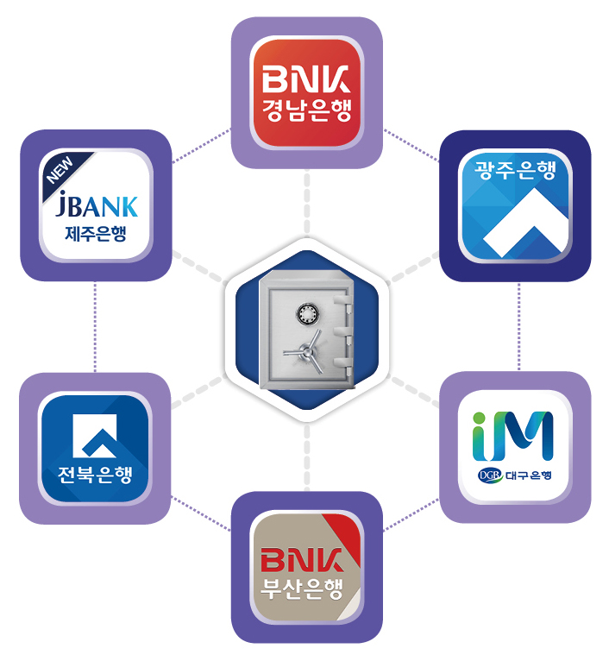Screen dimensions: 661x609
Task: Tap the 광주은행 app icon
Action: [x=515, y=205]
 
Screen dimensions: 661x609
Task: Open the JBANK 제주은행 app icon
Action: [x=95, y=205]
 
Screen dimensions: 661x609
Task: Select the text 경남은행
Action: [x=306, y=111]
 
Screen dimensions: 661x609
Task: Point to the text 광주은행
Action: [x=515, y=170]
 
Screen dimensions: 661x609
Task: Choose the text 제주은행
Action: [x=95, y=232]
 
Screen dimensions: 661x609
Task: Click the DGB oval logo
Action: [x=489, y=475]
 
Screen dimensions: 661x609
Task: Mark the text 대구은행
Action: [x=528, y=475]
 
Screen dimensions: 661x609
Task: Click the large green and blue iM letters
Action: [x=514, y=436]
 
